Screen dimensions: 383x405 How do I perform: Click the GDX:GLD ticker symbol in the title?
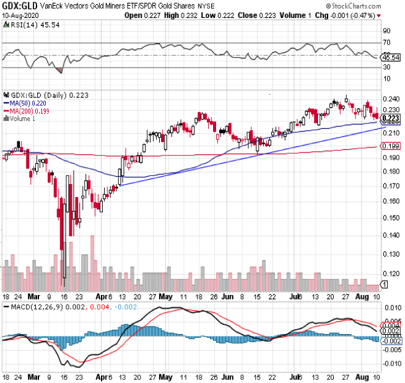[x=19, y=5]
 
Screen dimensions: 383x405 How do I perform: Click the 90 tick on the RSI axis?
[x=386, y=30]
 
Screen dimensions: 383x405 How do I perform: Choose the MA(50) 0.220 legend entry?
[x=24, y=103]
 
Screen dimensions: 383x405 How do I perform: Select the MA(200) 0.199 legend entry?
[x=26, y=111]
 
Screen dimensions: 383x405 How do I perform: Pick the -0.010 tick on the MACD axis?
[x=391, y=363]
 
